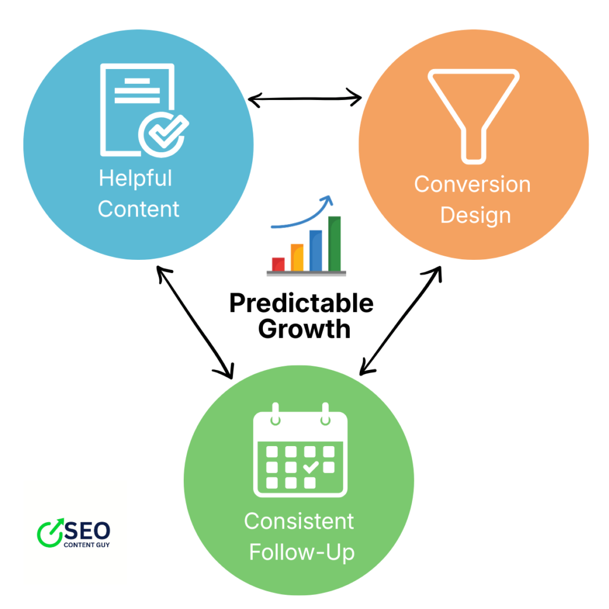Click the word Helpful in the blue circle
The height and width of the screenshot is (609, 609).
point(135,178)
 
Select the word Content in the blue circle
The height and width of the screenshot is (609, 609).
point(139,209)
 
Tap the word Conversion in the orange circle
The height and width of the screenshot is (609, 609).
point(472,184)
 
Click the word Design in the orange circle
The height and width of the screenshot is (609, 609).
point(475,215)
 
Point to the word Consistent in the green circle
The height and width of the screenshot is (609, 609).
point(299,522)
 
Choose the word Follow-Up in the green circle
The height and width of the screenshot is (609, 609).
point(302,553)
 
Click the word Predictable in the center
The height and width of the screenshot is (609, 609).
point(302,303)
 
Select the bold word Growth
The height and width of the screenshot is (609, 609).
point(304,328)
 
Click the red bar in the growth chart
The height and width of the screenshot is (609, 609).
point(278,263)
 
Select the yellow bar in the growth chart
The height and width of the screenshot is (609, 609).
point(297,257)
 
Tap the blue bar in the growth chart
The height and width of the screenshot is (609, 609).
point(316,250)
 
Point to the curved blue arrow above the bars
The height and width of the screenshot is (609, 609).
point(303,217)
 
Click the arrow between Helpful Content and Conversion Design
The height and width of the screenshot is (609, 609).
point(304,98)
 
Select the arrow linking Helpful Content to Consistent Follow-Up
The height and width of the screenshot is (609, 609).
point(194,322)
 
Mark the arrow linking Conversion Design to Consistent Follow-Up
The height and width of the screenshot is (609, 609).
point(401,321)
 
